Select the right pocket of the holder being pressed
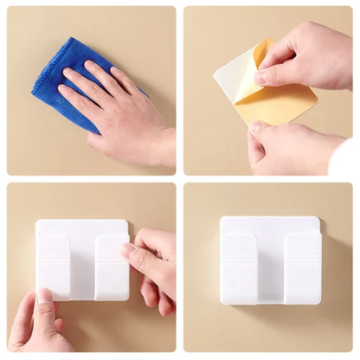[x=111, y=268]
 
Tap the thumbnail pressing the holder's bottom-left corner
[x=42, y=299]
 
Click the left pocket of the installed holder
[x=237, y=270]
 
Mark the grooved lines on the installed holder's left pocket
[x=237, y=247]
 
